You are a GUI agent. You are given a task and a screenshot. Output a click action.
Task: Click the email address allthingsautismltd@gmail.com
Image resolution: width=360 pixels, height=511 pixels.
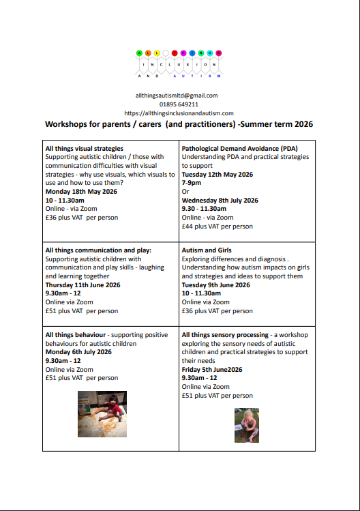click(x=177, y=96)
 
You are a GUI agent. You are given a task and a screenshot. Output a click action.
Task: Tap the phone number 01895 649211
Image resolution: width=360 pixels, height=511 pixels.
click(x=179, y=104)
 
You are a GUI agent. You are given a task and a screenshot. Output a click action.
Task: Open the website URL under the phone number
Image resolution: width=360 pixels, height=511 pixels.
click(x=179, y=113)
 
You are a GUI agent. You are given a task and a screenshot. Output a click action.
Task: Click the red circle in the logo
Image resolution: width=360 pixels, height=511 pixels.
click(x=182, y=53)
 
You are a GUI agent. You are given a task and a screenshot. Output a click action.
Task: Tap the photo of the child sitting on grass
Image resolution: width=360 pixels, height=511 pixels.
click(x=246, y=425)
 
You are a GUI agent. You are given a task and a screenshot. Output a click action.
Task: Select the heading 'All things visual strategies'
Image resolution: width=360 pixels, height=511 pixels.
click(x=84, y=148)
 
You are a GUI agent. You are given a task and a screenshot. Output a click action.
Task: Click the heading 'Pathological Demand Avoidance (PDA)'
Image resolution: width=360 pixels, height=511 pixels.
click(x=239, y=148)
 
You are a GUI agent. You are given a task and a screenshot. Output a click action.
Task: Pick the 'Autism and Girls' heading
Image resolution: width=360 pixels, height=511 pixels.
click(x=207, y=250)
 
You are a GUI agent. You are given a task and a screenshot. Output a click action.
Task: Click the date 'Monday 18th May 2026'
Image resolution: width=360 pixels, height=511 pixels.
click(x=80, y=192)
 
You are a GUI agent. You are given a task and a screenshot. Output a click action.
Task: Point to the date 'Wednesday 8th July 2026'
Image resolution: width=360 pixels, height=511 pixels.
click(x=220, y=201)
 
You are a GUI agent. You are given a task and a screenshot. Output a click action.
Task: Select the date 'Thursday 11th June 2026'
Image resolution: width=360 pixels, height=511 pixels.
click(x=82, y=285)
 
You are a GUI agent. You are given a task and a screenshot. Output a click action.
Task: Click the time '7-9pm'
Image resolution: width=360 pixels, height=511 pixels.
click(x=192, y=183)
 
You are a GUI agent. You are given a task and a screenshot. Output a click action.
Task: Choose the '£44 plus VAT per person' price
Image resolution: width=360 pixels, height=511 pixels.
click(x=217, y=227)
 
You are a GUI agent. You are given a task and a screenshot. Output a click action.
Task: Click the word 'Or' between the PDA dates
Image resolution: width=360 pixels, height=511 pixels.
click(x=185, y=192)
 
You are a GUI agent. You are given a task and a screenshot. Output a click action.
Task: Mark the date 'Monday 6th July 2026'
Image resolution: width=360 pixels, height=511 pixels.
click(x=78, y=352)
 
